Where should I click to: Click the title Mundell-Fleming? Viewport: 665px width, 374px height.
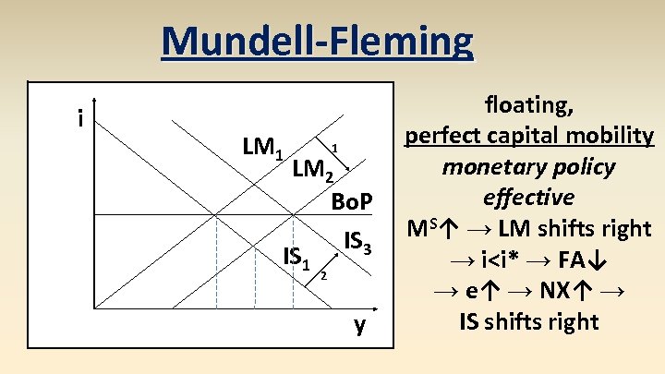click(317, 42)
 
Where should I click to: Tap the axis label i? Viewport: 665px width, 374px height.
click(82, 118)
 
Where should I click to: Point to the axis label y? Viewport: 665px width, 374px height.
click(360, 324)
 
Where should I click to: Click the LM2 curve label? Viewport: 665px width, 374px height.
click(312, 169)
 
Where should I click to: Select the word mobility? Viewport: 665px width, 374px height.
click(611, 136)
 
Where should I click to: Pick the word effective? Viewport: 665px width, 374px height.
click(527, 197)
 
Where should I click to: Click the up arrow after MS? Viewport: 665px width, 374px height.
click(451, 228)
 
